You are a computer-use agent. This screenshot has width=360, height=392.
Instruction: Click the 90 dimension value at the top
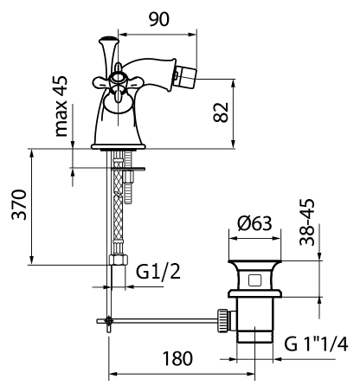point(159,19)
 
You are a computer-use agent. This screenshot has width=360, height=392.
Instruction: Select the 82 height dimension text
point(221,112)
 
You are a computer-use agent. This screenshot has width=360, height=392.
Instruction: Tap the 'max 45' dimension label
point(61,106)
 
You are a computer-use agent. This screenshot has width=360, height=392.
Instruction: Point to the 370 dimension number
point(19,205)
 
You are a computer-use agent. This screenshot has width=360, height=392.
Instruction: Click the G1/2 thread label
point(158,272)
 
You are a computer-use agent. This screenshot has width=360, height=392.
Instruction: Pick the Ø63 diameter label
point(254,223)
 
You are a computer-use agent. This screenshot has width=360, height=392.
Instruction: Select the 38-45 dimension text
point(306,222)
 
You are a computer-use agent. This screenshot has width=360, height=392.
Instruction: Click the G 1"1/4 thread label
point(316,344)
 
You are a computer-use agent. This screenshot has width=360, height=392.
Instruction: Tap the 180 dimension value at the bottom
point(177,358)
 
